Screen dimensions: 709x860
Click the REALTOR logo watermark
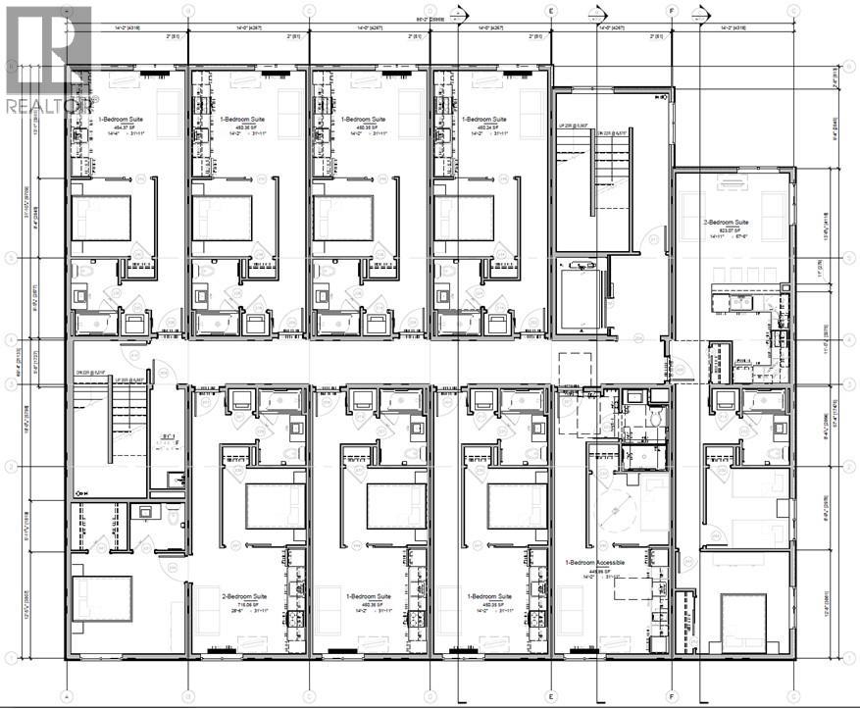click(49, 59)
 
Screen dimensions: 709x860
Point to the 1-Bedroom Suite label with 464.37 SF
click(122, 120)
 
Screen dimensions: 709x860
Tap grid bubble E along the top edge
click(551, 10)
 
